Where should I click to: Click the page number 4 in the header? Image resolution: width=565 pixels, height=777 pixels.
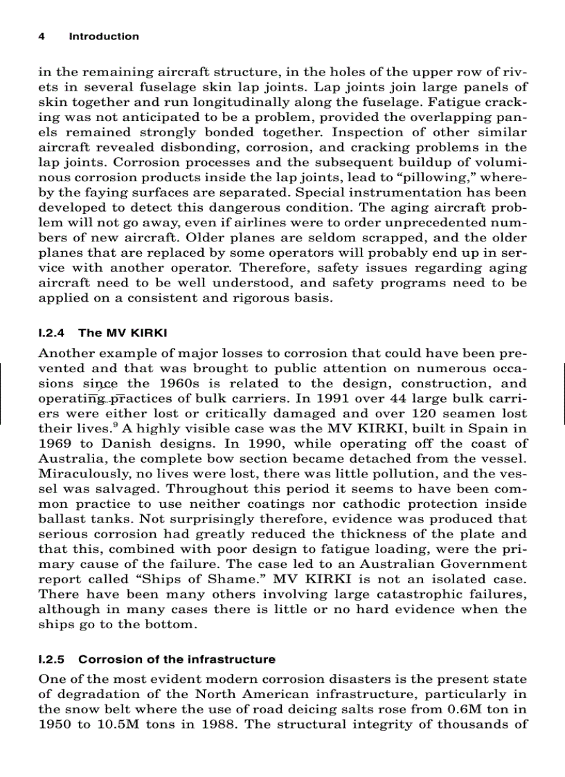point(42,37)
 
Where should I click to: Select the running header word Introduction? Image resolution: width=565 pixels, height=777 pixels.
point(103,37)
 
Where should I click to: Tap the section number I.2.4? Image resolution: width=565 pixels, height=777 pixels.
point(53,333)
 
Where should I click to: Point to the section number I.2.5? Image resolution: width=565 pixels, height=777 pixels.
point(53,659)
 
